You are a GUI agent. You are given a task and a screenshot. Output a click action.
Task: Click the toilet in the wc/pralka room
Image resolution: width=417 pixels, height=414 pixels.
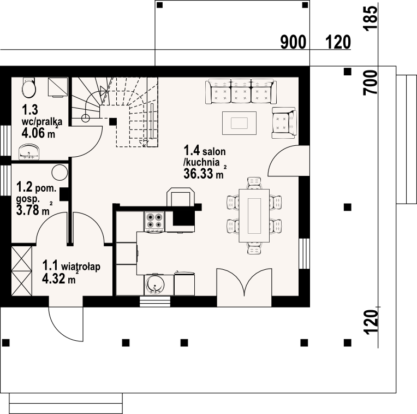[x=29, y=87]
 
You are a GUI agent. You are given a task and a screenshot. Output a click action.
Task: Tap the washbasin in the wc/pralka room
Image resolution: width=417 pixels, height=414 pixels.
[x=29, y=152]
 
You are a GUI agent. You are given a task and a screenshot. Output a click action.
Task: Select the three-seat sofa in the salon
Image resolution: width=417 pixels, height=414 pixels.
[x=241, y=91]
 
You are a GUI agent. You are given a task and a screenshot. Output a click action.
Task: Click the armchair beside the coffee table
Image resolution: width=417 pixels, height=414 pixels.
[x=284, y=123]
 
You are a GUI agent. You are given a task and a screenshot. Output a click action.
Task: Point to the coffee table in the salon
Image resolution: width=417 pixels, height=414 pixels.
[x=240, y=123]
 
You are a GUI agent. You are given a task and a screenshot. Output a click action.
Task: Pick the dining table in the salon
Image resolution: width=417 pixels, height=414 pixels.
[x=254, y=216]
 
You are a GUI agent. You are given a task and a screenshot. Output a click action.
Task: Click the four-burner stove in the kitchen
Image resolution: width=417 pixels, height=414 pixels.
[x=154, y=221]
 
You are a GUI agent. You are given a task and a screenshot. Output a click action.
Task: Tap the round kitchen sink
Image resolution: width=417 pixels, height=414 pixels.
[x=154, y=285]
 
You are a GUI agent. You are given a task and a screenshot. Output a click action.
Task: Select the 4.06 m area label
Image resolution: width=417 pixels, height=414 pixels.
[x=38, y=132]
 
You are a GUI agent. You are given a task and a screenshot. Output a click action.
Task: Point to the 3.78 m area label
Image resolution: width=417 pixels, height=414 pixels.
[x=34, y=210]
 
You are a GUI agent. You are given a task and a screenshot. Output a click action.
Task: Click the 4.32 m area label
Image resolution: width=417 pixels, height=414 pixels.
[x=59, y=279]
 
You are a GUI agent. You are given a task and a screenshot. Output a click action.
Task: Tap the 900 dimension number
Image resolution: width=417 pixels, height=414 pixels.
[x=293, y=42]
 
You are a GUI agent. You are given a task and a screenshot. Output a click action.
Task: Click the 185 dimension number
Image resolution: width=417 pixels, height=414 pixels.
[x=370, y=19]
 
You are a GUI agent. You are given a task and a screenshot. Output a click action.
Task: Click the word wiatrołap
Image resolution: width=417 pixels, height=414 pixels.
[x=81, y=267]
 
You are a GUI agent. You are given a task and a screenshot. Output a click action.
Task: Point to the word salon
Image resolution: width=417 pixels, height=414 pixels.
[x=214, y=151]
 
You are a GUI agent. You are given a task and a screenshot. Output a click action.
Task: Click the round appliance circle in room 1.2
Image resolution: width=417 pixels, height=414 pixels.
[x=59, y=173]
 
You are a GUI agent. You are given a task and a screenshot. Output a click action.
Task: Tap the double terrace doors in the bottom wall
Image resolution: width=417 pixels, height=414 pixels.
[x=244, y=287]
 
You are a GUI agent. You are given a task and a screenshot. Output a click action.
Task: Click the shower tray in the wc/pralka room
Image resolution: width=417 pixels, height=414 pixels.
[x=58, y=87]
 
